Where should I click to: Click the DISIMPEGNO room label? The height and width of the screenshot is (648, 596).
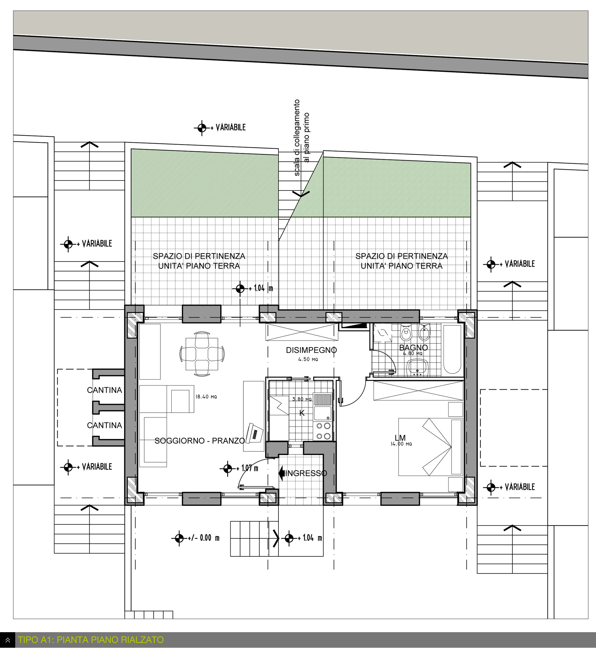[311, 350]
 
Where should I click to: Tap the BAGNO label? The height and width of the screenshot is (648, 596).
[413, 348]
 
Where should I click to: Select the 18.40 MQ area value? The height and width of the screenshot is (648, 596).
[206, 397]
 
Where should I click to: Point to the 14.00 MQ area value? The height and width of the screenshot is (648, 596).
[401, 444]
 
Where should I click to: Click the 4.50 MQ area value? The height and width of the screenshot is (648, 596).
[308, 359]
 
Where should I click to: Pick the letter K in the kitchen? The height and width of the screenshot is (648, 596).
[302, 413]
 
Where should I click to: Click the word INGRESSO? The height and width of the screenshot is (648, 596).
[306, 473]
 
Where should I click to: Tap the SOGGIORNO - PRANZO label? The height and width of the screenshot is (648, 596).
[200, 440]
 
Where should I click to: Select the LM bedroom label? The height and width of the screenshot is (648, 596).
[400, 438]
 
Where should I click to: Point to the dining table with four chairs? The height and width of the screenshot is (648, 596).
[202, 354]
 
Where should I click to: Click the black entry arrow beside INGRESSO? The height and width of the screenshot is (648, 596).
[282, 473]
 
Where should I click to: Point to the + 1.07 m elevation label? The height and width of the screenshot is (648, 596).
[239, 468]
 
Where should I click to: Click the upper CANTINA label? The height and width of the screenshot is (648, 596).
[105, 390]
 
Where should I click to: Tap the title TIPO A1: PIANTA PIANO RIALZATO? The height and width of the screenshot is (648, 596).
[91, 639]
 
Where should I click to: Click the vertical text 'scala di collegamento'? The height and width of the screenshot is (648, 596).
[297, 138]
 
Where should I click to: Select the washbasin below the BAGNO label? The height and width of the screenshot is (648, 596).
[418, 368]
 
